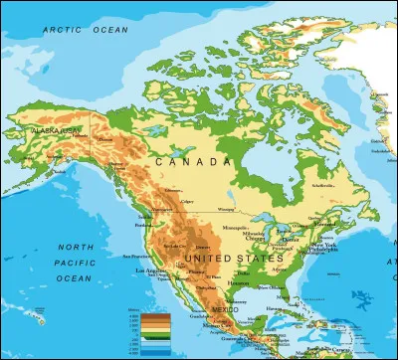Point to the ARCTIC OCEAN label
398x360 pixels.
(86, 31)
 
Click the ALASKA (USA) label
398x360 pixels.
(56, 131)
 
